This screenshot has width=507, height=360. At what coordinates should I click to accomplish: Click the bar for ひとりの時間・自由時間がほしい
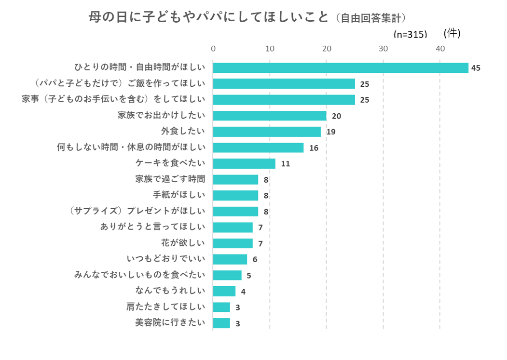pyautogui.click(x=340, y=68)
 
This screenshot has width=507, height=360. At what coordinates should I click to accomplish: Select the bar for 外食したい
pyautogui.click(x=267, y=132)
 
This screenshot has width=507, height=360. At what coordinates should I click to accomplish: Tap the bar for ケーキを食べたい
pyautogui.click(x=244, y=163)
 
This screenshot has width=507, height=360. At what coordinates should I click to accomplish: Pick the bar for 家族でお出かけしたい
pyautogui.click(x=270, y=116)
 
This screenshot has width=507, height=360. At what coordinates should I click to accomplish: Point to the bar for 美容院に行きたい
pyautogui.click(x=221, y=323)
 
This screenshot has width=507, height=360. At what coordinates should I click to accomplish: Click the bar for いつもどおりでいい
pyautogui.click(x=230, y=259)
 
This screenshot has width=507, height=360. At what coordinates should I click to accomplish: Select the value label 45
pyautogui.click(x=476, y=68)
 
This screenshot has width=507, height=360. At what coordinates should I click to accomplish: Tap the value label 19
pyautogui.click(x=331, y=132)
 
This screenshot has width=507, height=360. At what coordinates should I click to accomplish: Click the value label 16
pyautogui.click(x=314, y=148)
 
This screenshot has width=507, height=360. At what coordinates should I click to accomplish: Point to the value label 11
pyautogui.click(x=285, y=164)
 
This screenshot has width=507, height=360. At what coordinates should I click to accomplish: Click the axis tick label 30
pyautogui.click(x=383, y=49)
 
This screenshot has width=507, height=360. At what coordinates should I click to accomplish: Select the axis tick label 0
pyautogui.click(x=213, y=49)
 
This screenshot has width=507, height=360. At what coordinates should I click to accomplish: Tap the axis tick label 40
pyautogui.click(x=440, y=49)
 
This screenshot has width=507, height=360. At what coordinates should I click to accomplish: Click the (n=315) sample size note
pyautogui.click(x=411, y=34)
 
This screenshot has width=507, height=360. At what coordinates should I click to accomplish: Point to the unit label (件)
pyautogui.click(x=452, y=33)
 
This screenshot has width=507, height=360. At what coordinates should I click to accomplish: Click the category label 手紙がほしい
pyautogui.click(x=178, y=195)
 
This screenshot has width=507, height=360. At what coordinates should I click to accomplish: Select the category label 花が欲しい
pyautogui.click(x=183, y=242)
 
